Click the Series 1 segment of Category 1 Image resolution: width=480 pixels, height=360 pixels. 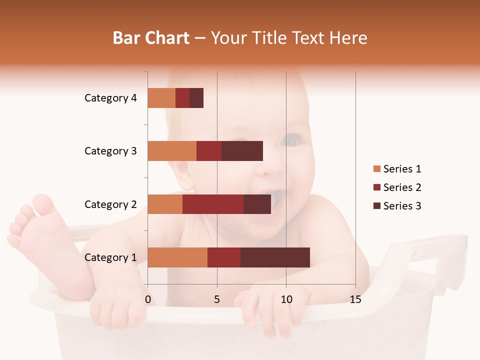pos(177,257)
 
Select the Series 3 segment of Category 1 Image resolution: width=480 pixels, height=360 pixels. pos(275,257)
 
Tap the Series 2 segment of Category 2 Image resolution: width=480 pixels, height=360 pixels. pos(213,204)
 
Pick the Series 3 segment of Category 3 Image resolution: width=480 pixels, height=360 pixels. pos(242,151)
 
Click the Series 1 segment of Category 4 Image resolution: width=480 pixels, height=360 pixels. pos(161,98)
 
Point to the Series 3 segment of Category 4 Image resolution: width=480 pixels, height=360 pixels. pos(196,98)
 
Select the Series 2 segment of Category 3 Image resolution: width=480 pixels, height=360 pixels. pos(209,151)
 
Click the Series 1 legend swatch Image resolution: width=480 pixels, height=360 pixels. pos(376,169)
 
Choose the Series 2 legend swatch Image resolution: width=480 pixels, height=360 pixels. pos(376,187)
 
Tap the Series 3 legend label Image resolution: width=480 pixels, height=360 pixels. pos(402,206)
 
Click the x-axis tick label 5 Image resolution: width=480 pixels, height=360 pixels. pos(217,299)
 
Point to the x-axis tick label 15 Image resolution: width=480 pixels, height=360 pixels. pos(355,299)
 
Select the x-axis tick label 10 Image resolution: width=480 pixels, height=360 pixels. pos(286,299)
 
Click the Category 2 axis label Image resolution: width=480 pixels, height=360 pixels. pos(110,204)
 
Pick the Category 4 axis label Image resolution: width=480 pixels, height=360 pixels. pos(110,98)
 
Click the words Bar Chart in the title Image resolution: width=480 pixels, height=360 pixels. pos(151,38)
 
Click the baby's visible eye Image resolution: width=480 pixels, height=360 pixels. pos(291,141)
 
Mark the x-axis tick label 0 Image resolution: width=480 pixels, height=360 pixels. pos(148,299)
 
